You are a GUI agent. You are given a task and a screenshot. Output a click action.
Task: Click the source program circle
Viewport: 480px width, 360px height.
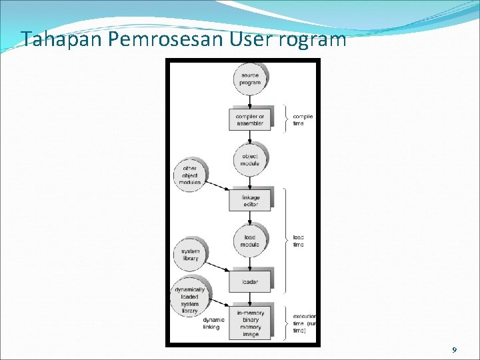coord(250,79)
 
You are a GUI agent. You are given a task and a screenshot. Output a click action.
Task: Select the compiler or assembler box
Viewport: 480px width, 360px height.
coord(250,119)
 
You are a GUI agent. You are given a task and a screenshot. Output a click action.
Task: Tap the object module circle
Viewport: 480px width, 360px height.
coord(250,159)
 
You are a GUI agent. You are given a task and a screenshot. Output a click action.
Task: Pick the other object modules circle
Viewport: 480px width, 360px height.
coord(190,175)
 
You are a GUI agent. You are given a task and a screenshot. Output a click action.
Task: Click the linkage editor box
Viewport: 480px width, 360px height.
coord(250,200)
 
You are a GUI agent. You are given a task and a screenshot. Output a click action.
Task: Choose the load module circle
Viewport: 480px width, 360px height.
coord(250,241)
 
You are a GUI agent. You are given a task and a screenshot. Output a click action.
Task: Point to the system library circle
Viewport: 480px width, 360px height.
coord(191,255)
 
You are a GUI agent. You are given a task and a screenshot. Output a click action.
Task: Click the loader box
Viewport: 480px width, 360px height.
coord(250,281)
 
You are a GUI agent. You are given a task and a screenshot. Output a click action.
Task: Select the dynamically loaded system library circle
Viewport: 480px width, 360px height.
coord(190,299)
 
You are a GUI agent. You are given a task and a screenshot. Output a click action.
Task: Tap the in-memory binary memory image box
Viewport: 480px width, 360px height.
coord(250,323)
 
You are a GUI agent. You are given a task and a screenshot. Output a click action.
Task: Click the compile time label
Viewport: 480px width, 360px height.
coord(302,120)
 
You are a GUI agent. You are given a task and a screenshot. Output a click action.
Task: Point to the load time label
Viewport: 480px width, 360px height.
coord(298,241)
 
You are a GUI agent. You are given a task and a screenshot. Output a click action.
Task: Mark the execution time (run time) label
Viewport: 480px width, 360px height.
coord(305,323)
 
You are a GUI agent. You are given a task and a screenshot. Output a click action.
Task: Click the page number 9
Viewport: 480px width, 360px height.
coord(454,350)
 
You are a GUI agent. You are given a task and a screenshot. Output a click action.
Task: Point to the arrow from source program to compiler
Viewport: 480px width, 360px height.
coord(250,101)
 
